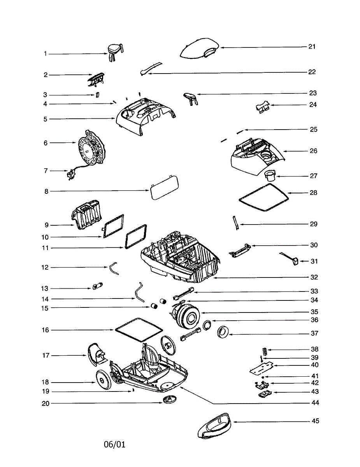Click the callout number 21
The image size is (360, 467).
click(x=312, y=47)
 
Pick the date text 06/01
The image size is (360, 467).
click(x=114, y=444)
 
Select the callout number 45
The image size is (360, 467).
click(x=315, y=421)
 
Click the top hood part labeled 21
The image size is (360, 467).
click(x=199, y=48)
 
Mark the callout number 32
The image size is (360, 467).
click(x=314, y=277)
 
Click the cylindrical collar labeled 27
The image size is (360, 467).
click(x=270, y=176)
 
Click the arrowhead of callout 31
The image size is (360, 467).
click(x=302, y=261)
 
